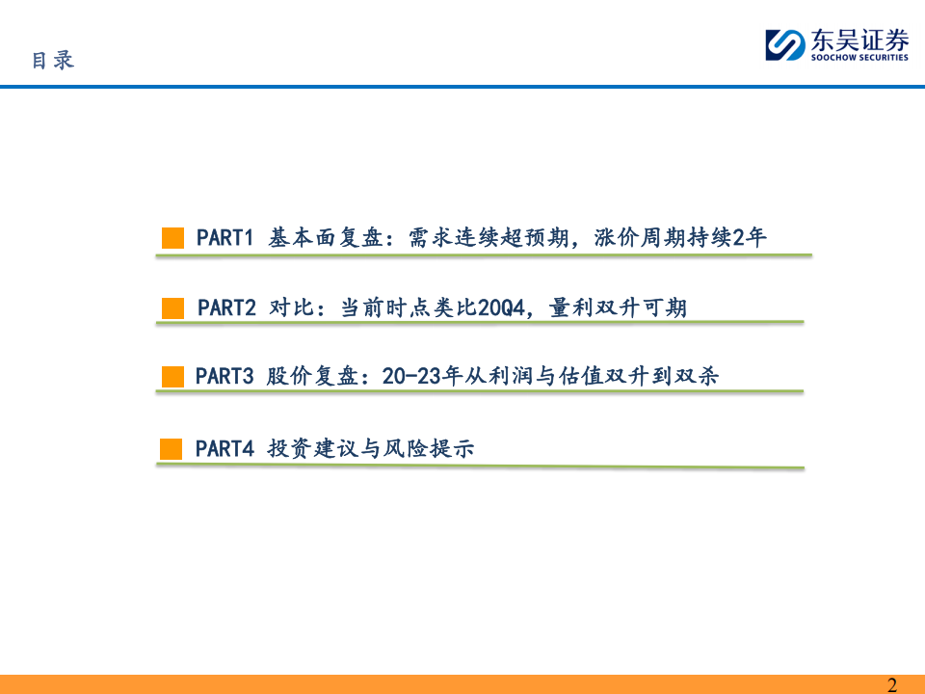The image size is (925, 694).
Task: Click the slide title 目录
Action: [53, 60]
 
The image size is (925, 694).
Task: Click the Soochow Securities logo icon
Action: [785, 45]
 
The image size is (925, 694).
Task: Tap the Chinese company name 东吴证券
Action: [859, 40]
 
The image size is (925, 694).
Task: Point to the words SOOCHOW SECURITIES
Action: [859, 57]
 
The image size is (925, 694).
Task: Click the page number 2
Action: [892, 684]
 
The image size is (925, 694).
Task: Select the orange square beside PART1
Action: [172, 238]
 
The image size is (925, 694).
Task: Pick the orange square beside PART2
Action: [172, 308]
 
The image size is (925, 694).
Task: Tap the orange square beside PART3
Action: [172, 377]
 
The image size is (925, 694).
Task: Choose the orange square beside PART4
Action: [172, 449]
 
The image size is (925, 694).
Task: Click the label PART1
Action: [225, 238]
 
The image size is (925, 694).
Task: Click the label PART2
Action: [226, 308]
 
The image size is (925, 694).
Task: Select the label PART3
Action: [225, 377]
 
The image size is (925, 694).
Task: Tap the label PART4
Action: [225, 449]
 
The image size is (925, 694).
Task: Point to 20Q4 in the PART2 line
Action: [501, 308]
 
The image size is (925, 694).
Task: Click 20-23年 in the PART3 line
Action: [422, 376]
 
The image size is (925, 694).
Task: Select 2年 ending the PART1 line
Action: [750, 237]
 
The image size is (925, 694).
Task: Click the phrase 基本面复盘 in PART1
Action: [326, 238]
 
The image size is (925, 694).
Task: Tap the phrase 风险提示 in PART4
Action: [429, 448]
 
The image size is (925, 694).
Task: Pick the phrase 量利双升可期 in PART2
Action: [618, 308]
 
